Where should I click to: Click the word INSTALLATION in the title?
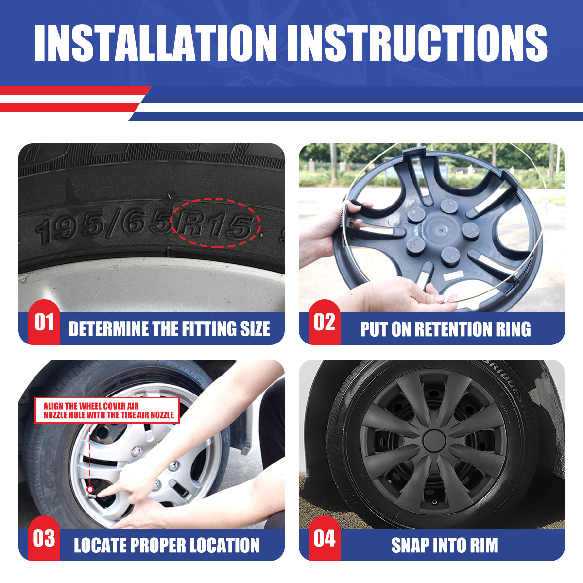click(155, 43)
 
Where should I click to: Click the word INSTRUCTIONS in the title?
click(417, 43)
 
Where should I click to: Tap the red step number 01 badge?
click(44, 322)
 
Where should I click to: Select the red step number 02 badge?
click(325, 322)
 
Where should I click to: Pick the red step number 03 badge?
click(44, 538)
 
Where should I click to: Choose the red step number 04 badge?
click(325, 538)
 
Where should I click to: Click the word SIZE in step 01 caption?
click(255, 328)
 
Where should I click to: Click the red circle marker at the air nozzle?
click(90, 489)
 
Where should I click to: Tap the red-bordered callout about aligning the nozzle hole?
click(107, 410)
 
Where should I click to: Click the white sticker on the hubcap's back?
click(453, 274)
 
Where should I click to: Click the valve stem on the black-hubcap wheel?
click(435, 502)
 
